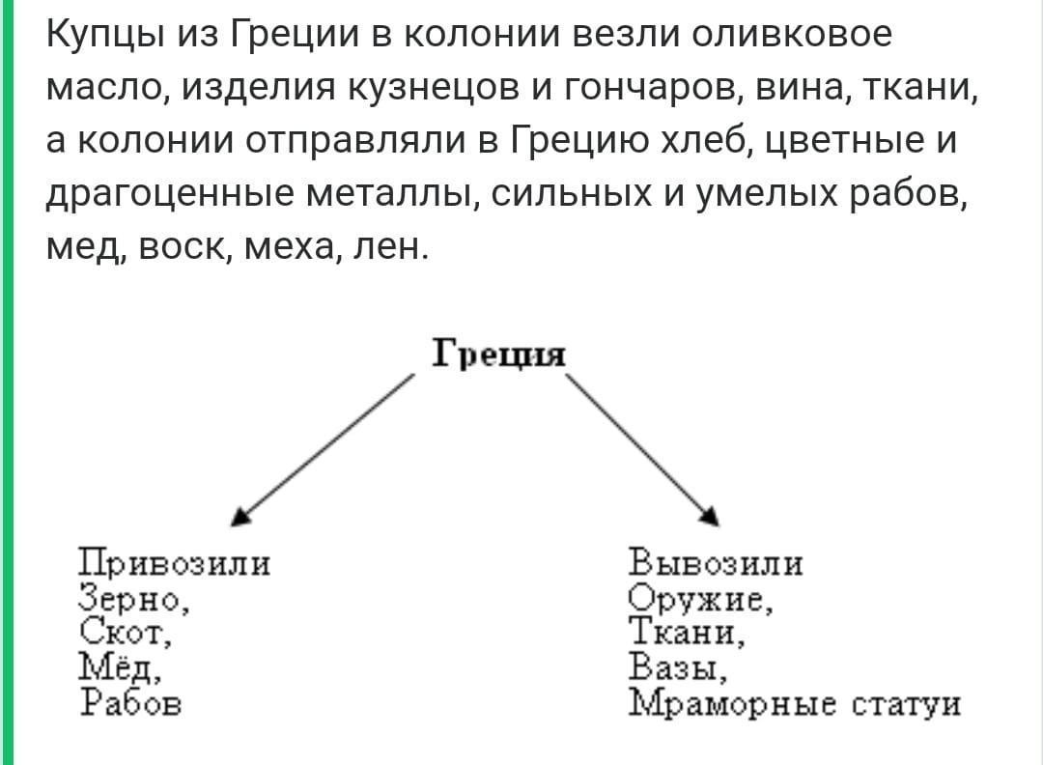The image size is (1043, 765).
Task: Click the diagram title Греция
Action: [x=499, y=353]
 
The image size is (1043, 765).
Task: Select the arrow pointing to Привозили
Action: [x=323, y=450]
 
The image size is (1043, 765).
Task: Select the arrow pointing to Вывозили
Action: [x=642, y=450]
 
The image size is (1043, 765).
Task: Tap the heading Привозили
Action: [x=175, y=563]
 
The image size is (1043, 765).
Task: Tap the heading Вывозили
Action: [x=716, y=563]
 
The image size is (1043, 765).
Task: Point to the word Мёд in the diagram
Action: [x=116, y=667]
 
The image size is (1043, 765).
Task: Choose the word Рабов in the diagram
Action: [x=130, y=701]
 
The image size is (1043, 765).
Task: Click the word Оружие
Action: [x=695, y=600]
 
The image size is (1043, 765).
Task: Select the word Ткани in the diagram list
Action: [x=682, y=633]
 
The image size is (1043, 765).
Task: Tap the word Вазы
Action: [x=672, y=666]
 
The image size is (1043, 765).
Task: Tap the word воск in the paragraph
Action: [x=183, y=247]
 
